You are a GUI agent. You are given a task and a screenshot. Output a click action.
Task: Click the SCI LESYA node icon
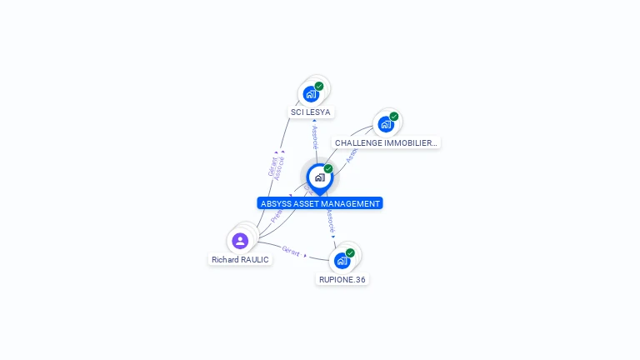coord(311,93)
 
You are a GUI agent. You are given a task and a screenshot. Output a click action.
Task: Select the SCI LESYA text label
coord(310,112)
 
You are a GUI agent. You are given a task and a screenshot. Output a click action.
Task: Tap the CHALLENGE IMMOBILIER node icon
coord(385,124)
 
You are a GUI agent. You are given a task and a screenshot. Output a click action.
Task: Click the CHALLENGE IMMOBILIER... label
coord(386,143)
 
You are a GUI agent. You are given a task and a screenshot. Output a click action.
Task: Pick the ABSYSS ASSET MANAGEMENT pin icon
coord(319,177)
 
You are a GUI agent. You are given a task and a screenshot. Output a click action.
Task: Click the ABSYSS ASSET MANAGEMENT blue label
coord(320,203)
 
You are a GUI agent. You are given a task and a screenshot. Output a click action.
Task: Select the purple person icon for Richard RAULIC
coord(240,241)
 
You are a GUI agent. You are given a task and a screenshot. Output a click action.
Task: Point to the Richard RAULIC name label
coord(240,260)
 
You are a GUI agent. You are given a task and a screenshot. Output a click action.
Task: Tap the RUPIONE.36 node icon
coord(342,261)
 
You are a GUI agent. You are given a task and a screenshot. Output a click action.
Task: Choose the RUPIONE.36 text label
coord(342,280)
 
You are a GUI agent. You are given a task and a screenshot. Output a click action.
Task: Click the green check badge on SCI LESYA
coord(319,86)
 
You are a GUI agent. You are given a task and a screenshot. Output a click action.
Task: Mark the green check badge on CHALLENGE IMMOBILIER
coord(394,117)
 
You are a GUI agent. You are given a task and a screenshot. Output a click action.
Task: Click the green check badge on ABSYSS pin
coord(328,168)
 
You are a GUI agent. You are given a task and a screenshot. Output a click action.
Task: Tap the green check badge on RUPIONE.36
coord(350,252)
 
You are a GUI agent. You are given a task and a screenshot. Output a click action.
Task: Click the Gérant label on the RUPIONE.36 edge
coord(291,251)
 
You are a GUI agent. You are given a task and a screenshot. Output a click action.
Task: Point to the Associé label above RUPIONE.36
coord(330,221)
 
